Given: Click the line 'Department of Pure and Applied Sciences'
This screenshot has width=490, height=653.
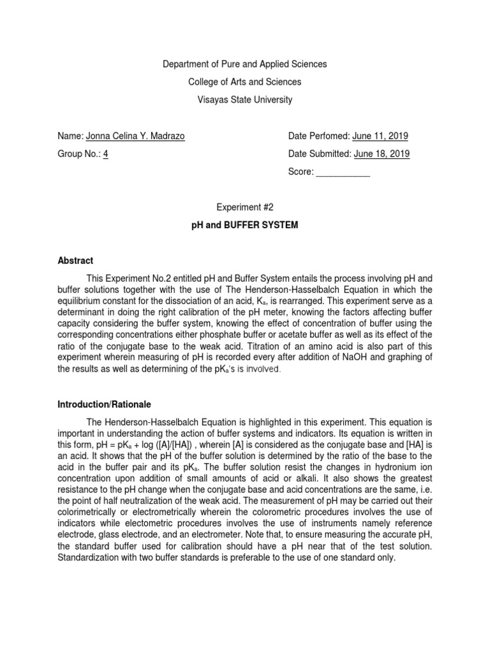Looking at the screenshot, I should tap(245, 64).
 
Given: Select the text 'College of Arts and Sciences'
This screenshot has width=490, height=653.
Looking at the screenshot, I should tap(245, 82).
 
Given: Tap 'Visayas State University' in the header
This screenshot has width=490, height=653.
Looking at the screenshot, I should tap(245, 99).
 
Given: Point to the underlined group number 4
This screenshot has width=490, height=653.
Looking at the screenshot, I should tap(105, 154).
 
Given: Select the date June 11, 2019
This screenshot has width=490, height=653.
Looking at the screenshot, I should tap(380, 136).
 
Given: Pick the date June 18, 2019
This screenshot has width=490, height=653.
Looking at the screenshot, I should tap(382, 154).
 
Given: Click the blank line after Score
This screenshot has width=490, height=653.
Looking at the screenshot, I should tap(343, 172).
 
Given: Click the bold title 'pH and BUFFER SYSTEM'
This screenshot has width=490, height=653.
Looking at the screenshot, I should tap(245, 226).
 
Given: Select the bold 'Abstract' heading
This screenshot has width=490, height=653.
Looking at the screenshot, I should tap(75, 261).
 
